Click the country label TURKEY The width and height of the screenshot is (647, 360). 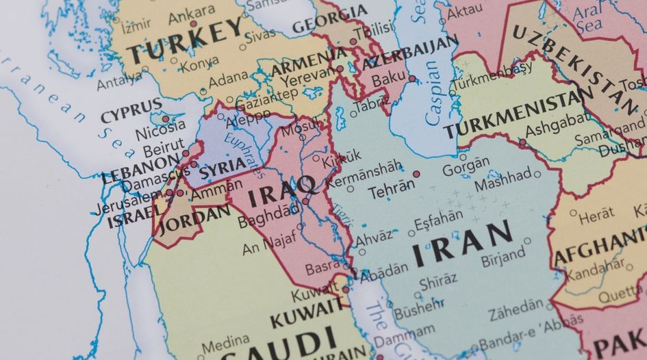click(186, 41)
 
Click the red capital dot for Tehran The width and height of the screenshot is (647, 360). click(416, 174)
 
